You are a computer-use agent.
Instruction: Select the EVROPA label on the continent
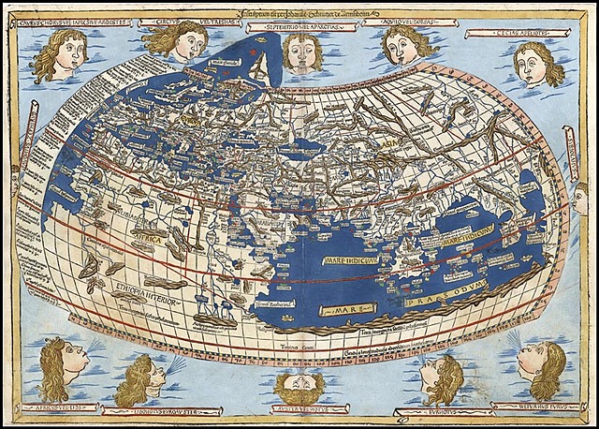coord(192,123)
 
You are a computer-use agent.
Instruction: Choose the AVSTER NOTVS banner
coord(300,410)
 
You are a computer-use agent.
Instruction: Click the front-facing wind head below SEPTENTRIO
coord(300,54)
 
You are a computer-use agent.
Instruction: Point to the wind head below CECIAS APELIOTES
coord(538,64)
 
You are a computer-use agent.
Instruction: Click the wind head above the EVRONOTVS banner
coord(440,375)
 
